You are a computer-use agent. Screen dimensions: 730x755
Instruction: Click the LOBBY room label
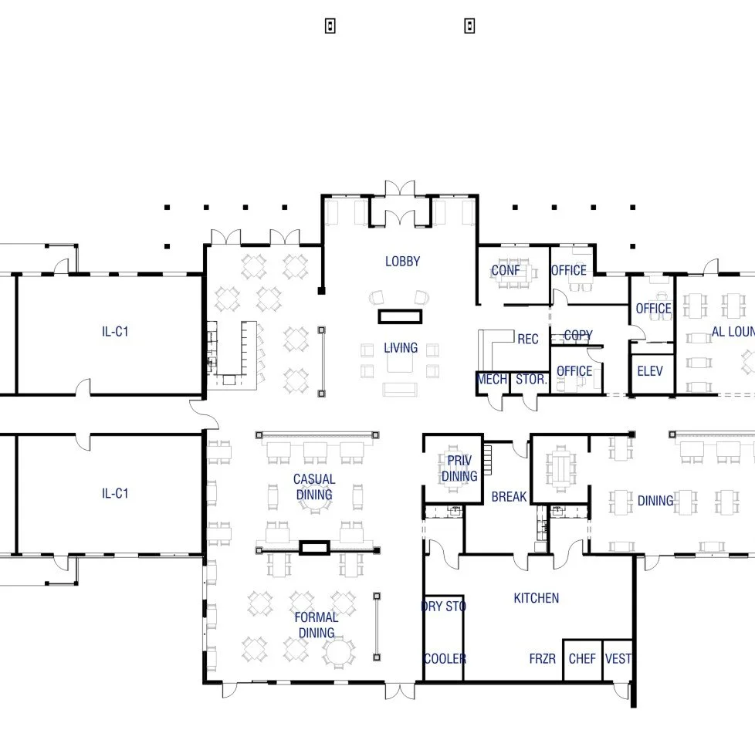tap(402, 262)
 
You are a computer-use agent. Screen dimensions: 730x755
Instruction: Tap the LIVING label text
tap(401, 348)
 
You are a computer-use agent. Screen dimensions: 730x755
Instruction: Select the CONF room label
tap(506, 271)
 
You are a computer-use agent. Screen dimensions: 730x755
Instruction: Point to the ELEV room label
tap(650, 371)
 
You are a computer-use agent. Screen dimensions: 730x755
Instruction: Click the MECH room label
tap(492, 380)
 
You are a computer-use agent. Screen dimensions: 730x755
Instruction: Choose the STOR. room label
tap(531, 380)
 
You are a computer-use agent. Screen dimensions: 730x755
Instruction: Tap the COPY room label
tap(577, 336)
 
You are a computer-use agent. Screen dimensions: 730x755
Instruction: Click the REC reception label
tap(528, 340)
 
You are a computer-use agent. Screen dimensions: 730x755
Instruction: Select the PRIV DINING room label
tap(459, 468)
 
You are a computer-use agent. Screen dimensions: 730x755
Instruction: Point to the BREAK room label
tap(509, 497)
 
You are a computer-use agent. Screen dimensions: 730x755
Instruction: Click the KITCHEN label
tap(536, 598)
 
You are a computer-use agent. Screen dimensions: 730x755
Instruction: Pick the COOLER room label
tap(445, 659)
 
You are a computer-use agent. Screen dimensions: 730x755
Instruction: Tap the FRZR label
tap(543, 659)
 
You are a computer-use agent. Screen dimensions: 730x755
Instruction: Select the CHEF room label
tap(582, 659)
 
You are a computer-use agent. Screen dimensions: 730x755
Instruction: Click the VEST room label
tap(618, 659)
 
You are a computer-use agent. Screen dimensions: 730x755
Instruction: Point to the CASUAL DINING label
tap(313, 487)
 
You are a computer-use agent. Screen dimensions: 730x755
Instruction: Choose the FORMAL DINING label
tap(316, 625)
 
